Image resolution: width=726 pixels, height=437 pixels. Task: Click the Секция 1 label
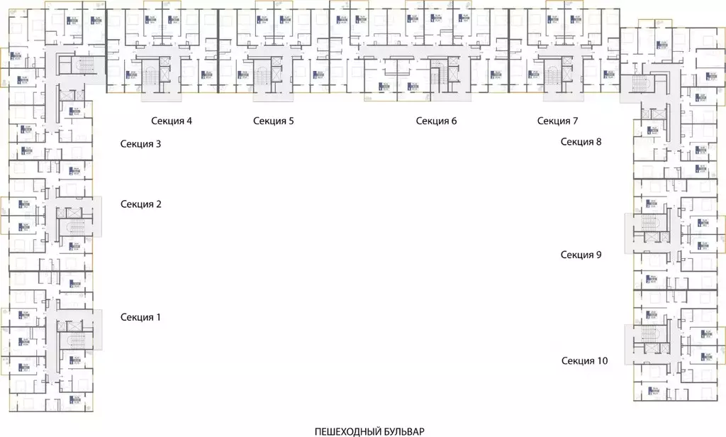(140, 317)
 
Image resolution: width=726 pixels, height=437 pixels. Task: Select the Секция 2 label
(140, 204)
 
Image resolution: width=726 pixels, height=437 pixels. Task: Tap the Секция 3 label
(140, 144)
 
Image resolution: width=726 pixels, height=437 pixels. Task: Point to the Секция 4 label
(172, 121)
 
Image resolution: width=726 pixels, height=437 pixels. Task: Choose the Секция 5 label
(273, 121)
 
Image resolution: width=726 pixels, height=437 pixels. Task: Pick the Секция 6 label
(436, 121)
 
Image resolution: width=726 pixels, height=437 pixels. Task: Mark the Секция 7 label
(557, 121)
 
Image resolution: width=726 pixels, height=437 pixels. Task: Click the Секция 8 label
(581, 141)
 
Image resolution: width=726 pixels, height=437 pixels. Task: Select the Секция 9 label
(581, 255)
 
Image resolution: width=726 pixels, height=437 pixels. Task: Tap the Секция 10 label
(584, 361)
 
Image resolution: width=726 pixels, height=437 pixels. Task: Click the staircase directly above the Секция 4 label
(152, 75)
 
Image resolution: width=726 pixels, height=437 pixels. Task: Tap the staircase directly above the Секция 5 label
(263, 75)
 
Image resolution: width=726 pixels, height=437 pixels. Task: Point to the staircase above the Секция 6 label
(437, 75)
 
